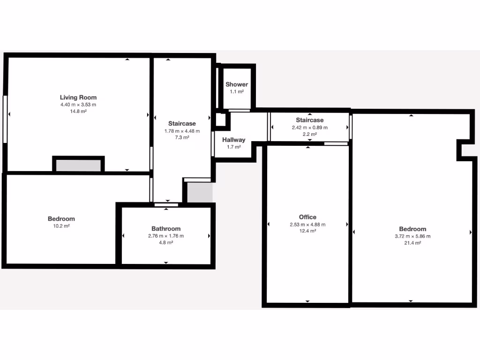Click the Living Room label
[78, 97]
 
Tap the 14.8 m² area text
[78, 112]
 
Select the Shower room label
[237, 84]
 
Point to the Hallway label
[233, 140]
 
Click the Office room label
[307, 217]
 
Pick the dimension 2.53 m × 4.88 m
[307, 225]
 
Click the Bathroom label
[166, 229]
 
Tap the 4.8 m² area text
[166, 243]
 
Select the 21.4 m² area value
[412, 243]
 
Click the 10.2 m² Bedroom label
[61, 219]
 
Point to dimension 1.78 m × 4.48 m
[182, 131]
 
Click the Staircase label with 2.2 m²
[309, 120]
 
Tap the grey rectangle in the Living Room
[78, 165]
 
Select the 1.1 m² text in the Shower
[237, 92]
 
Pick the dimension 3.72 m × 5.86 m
[412, 236]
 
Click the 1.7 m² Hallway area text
[233, 147]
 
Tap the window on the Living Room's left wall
[5, 119]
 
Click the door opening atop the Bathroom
[166, 204]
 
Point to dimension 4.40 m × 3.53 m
[78, 105]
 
